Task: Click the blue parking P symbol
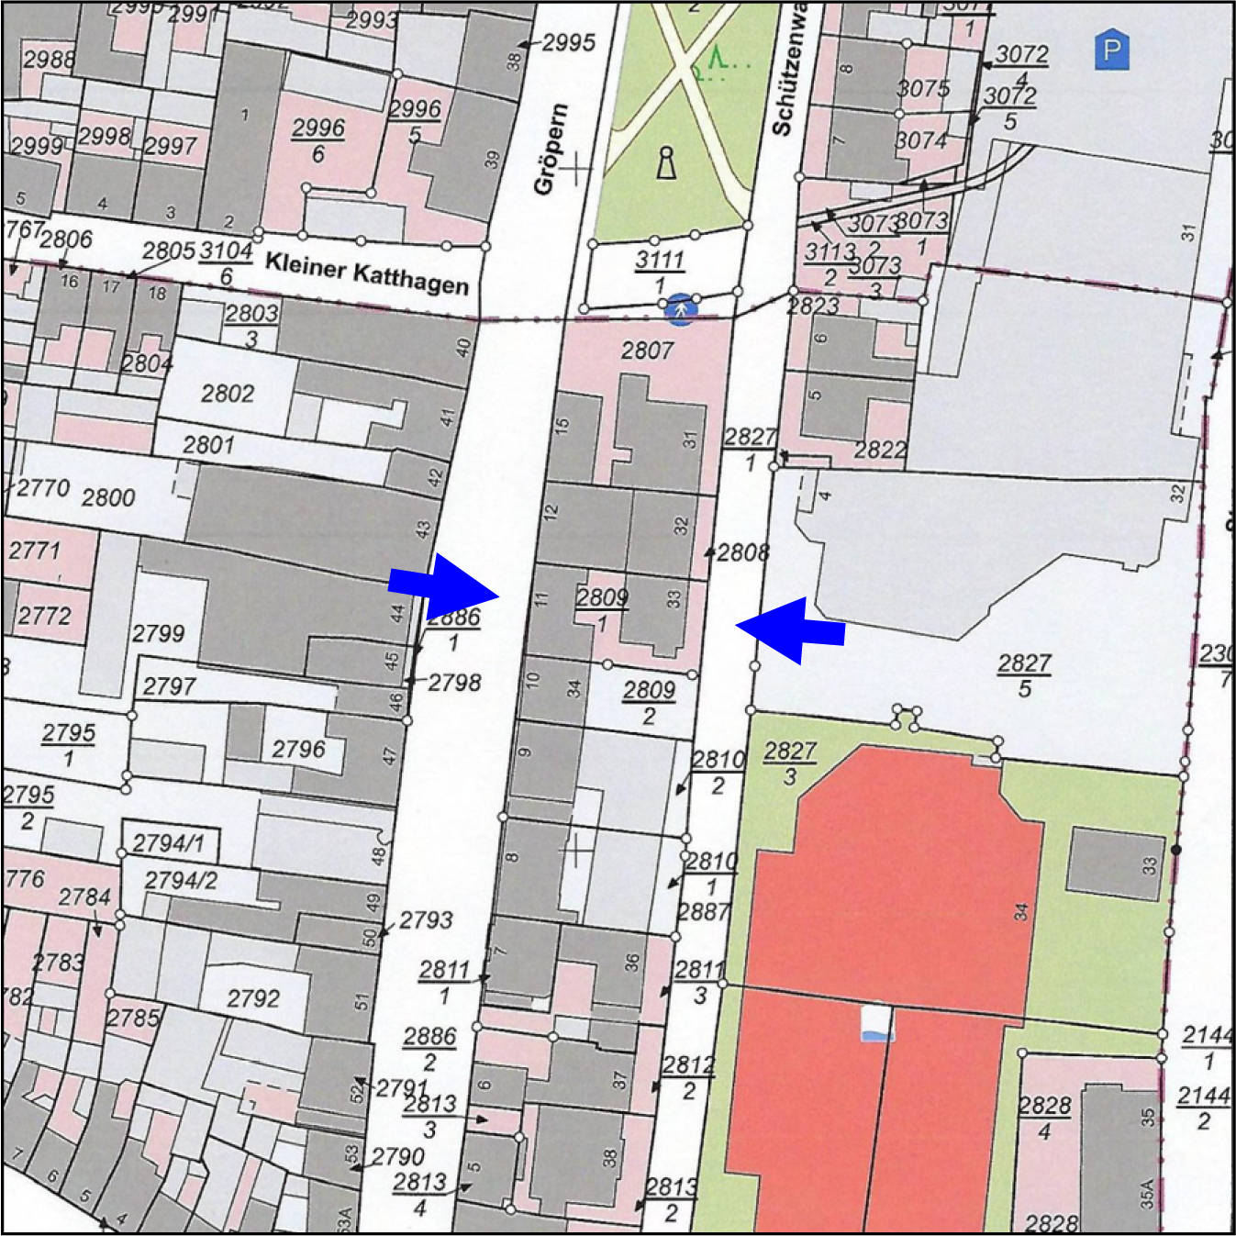[x=1111, y=50]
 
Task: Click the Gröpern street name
[x=551, y=149]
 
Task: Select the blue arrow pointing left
[x=790, y=629]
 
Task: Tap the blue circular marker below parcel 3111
[x=681, y=309]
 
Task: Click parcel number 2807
[x=647, y=350]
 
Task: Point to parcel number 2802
[x=227, y=394]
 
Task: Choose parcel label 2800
[x=108, y=497]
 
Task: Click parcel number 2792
[x=252, y=997]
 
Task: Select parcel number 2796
[x=298, y=750]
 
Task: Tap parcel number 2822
[x=880, y=450]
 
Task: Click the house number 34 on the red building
[x=1021, y=911]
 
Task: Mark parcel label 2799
[x=158, y=633]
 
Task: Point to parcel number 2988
[x=49, y=60]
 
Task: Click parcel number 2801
[x=208, y=445]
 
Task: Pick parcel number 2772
[x=44, y=615]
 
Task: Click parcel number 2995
[x=568, y=42]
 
